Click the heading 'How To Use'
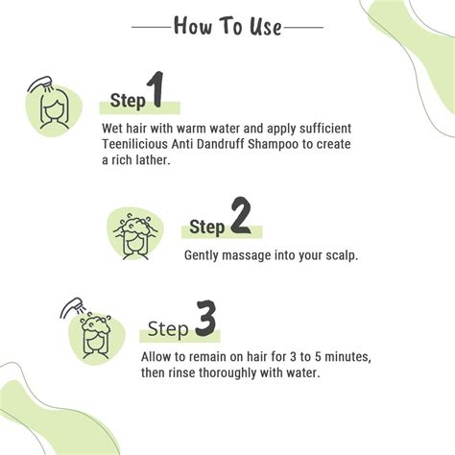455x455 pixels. pos(227,26)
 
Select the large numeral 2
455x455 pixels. pos(240,219)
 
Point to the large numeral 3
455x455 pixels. pos(204,322)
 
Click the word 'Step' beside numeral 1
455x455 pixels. pos(128,101)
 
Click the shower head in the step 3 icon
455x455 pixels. pos(70,307)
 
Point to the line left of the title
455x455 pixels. pos(148,28)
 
